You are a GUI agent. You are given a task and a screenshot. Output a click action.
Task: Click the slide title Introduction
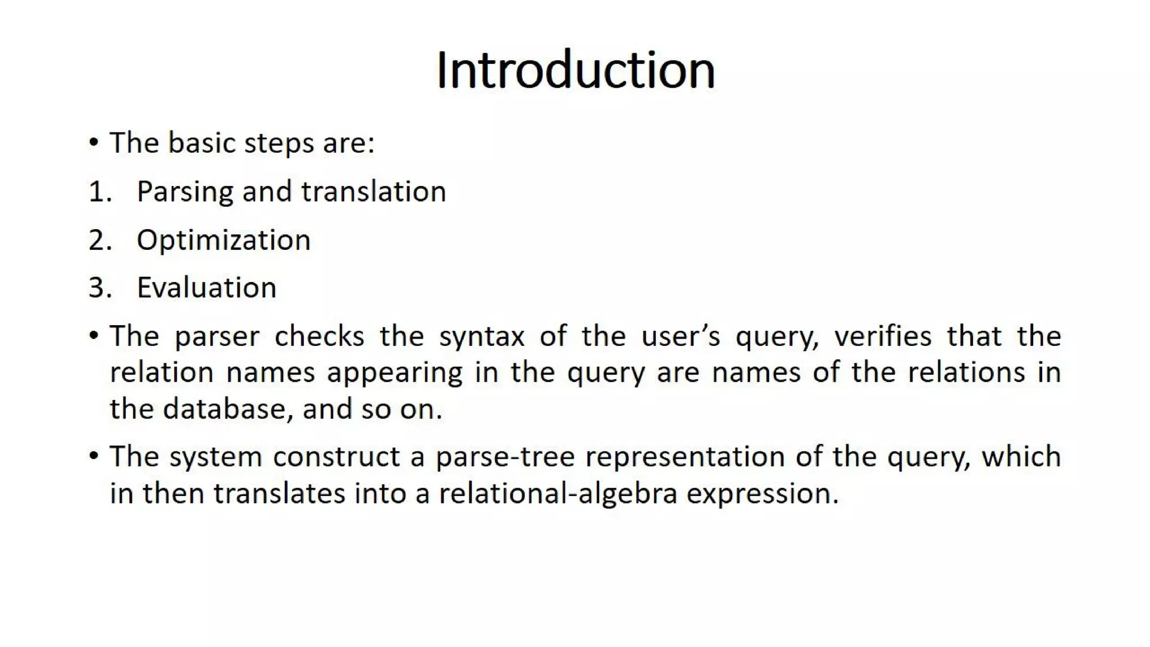pos(575,70)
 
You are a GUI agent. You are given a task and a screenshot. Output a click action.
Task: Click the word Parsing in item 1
pos(185,192)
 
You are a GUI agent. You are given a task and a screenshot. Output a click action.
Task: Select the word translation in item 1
pos(373,192)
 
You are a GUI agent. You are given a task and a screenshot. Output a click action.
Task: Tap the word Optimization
pos(223,240)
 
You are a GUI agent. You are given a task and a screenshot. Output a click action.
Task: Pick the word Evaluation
pos(207,288)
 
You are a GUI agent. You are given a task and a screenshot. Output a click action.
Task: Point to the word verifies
pos(882,336)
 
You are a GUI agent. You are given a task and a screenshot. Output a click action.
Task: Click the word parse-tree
pos(505,457)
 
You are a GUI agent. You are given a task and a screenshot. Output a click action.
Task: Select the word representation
pos(684,457)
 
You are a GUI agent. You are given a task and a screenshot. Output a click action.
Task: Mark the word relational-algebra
pos(558,494)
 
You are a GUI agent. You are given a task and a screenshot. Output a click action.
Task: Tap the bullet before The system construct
pos(94,455)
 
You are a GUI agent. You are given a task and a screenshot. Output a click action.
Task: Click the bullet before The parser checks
pos(94,336)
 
